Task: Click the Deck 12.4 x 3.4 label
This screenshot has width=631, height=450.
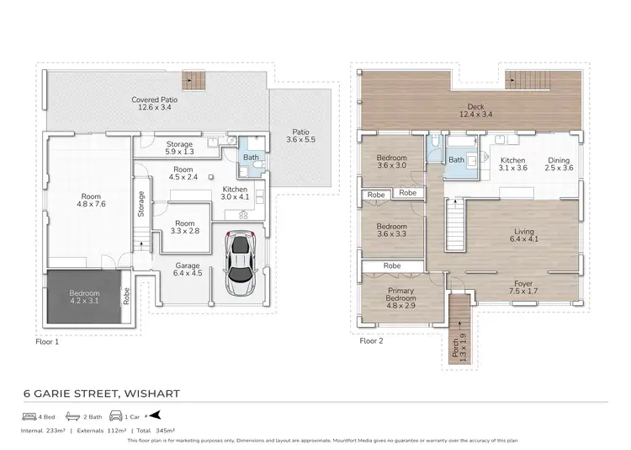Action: coord(472,110)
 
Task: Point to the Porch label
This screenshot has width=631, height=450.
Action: coord(456,346)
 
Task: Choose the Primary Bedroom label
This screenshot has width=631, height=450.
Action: coord(401,294)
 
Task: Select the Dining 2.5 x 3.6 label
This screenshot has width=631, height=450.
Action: coord(559,164)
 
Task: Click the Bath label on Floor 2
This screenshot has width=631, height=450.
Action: coord(456,160)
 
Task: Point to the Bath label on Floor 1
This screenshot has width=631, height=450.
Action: coord(251,158)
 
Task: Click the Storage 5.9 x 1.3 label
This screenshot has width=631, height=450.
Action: coord(179,148)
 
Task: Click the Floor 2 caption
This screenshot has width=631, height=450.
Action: coord(371,342)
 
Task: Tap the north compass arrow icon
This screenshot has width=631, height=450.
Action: coord(156,416)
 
